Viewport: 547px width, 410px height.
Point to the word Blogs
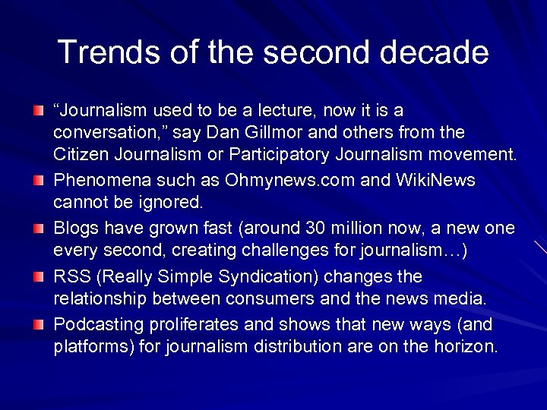point(76,229)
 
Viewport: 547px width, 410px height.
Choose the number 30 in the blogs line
point(314,229)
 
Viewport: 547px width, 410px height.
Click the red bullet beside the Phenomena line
point(40,181)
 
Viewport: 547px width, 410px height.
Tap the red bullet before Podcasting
point(40,325)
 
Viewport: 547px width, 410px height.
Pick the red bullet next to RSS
point(40,277)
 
